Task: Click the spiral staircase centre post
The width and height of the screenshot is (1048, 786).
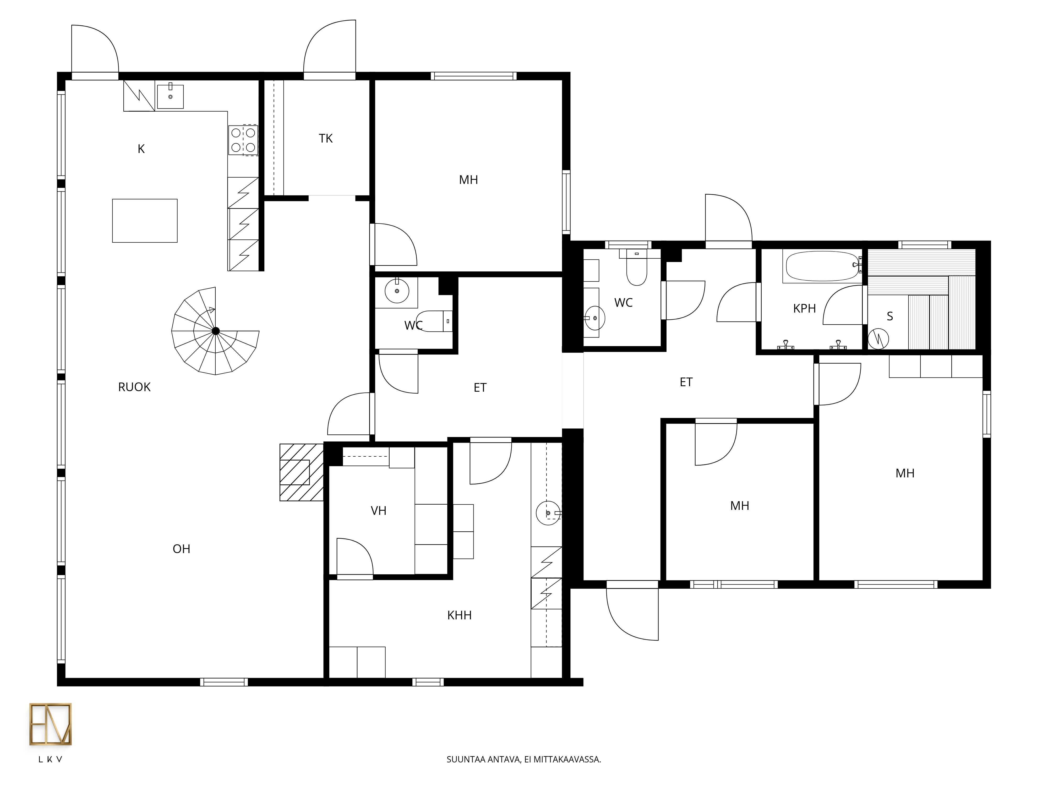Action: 216,331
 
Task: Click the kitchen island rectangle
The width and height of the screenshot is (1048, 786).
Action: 145,221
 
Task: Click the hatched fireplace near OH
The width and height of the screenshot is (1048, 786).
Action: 301,472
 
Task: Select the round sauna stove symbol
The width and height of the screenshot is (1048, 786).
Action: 878,339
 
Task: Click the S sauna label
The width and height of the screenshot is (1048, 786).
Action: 890,316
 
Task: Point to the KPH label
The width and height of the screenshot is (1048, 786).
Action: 805,308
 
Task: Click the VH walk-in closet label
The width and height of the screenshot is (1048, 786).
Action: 379,511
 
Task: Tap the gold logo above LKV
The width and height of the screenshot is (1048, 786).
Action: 51,724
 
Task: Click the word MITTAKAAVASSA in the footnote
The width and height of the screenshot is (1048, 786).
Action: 567,773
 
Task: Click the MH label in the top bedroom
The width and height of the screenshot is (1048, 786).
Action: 468,180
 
